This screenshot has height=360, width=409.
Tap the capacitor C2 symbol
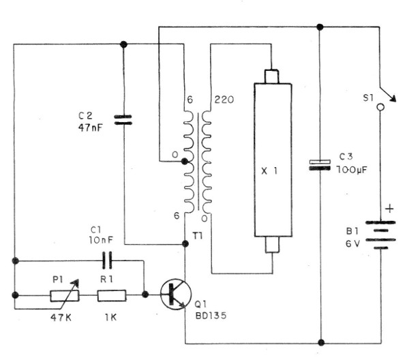click(123, 120)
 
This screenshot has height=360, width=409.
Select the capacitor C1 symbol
click(106, 260)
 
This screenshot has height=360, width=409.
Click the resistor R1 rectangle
click(110, 295)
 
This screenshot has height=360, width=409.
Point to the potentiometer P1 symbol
click(63, 295)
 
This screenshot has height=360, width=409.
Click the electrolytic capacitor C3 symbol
click(319, 165)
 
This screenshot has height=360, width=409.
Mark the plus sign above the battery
click(389, 208)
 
